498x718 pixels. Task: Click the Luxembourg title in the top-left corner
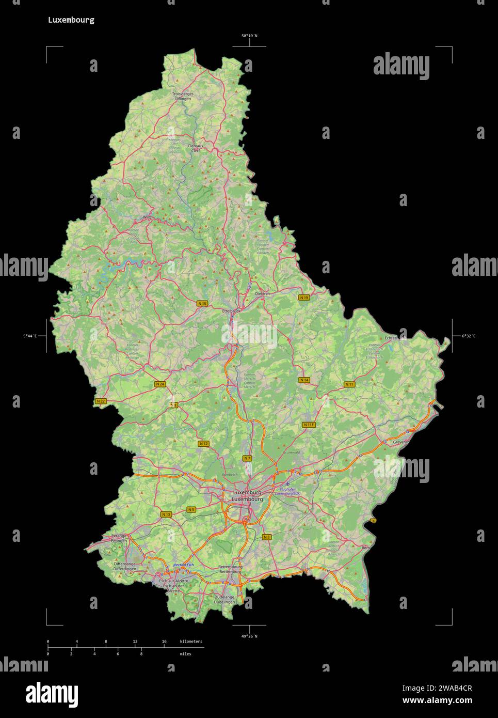pos(71,20)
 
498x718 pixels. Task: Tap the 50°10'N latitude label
pos(249,36)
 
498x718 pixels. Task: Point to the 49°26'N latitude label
pos(249,636)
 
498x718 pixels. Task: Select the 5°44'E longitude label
pos(30,336)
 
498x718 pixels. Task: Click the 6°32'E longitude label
pos(469,336)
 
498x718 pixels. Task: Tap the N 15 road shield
pos(202,304)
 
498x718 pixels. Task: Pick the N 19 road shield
pos(304,298)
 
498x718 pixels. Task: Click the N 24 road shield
pos(160,384)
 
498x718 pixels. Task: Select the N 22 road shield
pos(101,401)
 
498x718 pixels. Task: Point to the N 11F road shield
pos(309,425)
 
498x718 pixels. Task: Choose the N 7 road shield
pos(247,458)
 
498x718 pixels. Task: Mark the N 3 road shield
pos(266,537)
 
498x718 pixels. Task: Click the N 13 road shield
pos(166,514)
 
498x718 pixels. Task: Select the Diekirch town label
pos(262,293)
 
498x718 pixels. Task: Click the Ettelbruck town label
pos(231,311)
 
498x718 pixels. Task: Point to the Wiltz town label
pos(148,217)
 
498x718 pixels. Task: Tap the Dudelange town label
pos(224,597)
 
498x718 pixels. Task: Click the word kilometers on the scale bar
pos(191,642)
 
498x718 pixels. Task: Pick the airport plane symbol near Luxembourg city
pos(287,483)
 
